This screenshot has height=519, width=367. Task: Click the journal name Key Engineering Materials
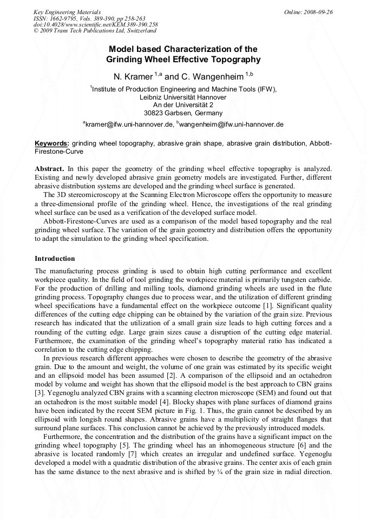click(x=67, y=12)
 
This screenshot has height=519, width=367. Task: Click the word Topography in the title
click(x=235, y=60)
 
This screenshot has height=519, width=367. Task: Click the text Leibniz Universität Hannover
click(x=183, y=97)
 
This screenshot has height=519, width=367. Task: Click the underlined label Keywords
click(x=52, y=143)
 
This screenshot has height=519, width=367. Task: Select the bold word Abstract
click(x=49, y=169)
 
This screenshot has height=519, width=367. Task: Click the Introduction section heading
click(x=55, y=259)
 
